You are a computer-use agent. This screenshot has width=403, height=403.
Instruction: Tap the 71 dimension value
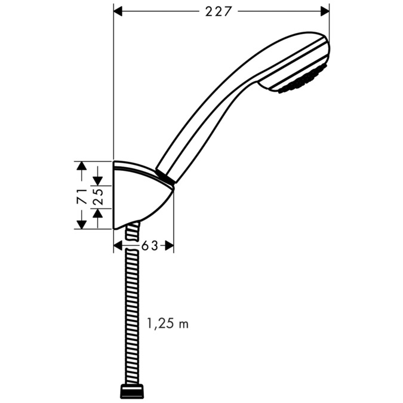[x=82, y=195]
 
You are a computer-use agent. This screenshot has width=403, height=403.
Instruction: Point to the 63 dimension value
[x=149, y=245]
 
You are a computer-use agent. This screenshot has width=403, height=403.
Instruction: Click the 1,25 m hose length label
[x=167, y=324]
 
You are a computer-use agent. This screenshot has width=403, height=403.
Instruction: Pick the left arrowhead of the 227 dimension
[x=118, y=11]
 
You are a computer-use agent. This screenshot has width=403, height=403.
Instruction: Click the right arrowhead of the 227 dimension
[x=325, y=11]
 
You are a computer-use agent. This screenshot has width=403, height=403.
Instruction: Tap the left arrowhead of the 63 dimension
[x=118, y=245]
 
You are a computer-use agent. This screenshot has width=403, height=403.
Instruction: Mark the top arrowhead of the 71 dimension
[x=82, y=166]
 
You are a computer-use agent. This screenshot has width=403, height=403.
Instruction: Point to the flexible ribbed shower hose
[x=130, y=310]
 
